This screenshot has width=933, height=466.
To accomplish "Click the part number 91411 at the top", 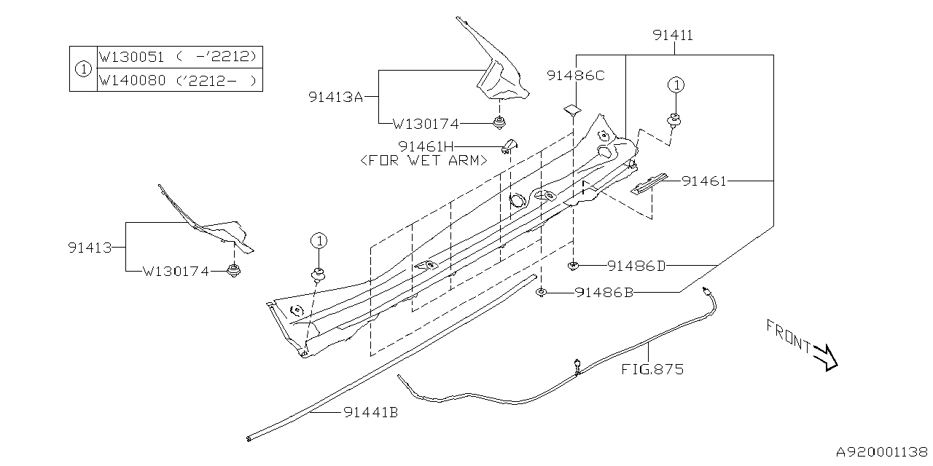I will point(673,35).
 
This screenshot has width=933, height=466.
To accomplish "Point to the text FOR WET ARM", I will point(423,160).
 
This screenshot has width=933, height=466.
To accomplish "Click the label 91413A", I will point(335,96).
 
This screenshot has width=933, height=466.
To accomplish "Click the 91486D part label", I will point(636,266).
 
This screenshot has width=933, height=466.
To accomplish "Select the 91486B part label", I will point(604,293).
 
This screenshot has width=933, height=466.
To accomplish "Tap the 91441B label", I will point(370,412).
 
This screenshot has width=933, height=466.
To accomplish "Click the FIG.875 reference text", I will point(652,369).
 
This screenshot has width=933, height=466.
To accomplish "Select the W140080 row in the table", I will point(179,80).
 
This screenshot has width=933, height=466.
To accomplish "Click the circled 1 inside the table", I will point(83,69).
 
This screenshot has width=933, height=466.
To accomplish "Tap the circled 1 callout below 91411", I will point(676,85).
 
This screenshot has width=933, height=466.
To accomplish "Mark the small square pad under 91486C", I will point(571,110).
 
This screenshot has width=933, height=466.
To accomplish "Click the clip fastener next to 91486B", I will point(542,293).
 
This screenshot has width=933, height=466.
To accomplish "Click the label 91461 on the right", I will point(704,181).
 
